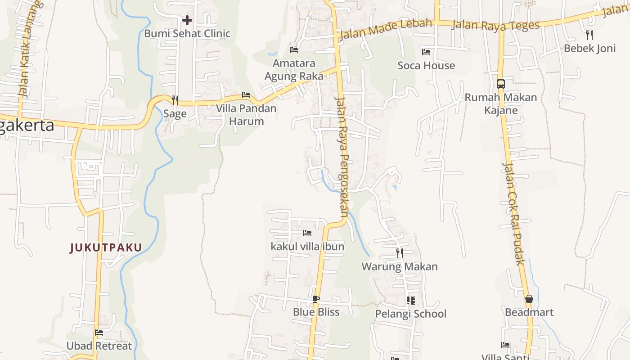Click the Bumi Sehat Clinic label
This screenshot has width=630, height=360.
(187, 33)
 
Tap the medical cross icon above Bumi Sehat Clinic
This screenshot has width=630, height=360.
(187, 20)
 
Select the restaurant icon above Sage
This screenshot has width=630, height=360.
(175, 100)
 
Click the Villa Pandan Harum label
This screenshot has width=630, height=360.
(246, 115)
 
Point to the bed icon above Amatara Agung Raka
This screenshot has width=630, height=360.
(294, 49)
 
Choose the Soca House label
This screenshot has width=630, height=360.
(426, 65)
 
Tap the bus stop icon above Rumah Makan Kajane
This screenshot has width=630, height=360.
(501, 84)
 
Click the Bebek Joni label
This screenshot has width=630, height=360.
(589, 48)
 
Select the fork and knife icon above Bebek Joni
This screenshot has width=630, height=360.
(589, 35)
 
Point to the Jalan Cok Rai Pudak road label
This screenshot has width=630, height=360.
(513, 214)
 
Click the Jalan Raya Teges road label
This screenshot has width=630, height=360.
(495, 24)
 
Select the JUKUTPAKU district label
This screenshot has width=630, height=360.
(106, 247)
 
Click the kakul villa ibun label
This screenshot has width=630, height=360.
(307, 247)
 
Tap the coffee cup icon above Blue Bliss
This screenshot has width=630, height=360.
(316, 299)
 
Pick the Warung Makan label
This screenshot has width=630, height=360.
(400, 266)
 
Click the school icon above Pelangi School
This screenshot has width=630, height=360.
(410, 300)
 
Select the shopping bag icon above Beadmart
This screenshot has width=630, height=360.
(529, 299)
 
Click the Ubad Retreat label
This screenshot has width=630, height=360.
(99, 346)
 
